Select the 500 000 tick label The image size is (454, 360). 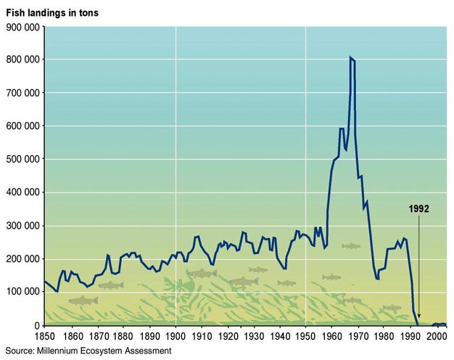pos(23,159)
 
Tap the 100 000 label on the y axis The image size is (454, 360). pos(23,292)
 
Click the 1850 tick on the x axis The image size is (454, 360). pos(44,337)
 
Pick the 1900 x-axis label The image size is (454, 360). pos(175,337)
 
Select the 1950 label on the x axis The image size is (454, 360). pos(306,337)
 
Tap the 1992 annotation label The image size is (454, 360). pos(418,208)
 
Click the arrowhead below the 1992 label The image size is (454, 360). pos(418,316)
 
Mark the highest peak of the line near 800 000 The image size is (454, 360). pos(350,57)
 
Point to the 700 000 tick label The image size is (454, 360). pos(23,93)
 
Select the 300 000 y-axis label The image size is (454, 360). pos(23,226)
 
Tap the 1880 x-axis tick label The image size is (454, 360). pos(123,337)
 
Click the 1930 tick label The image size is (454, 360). pos(253,337)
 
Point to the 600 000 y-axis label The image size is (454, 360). pos(23,126)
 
